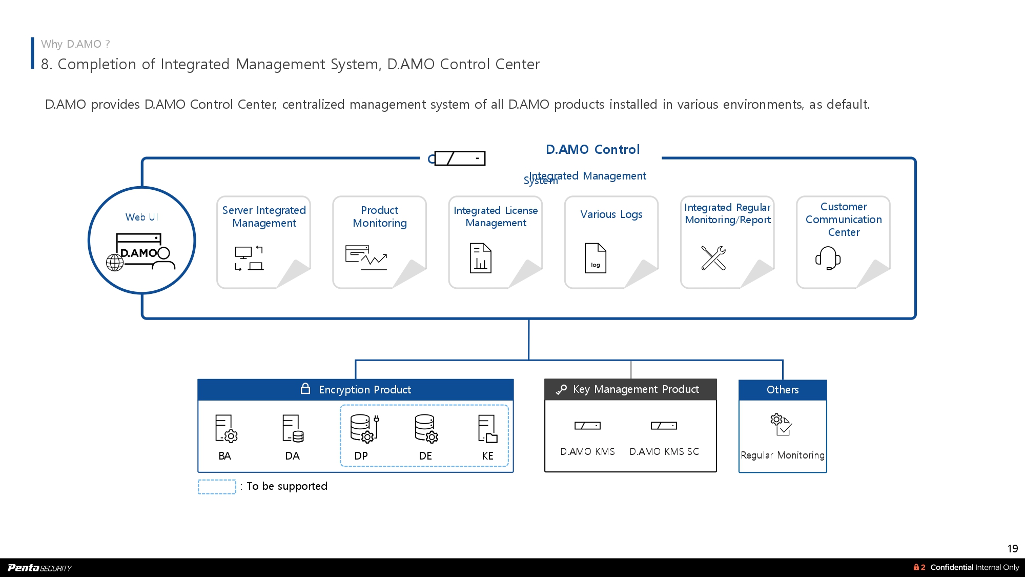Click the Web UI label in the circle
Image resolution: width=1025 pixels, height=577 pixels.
tap(141, 217)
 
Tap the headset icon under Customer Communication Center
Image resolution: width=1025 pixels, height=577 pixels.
tap(828, 257)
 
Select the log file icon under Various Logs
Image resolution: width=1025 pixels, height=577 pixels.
tap(595, 257)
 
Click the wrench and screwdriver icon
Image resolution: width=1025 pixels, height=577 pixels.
tap(713, 257)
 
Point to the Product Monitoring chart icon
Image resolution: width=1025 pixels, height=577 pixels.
tap(366, 257)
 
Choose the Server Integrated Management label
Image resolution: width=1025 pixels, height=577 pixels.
tap(264, 216)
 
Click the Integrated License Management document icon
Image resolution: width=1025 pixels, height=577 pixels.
tap(480, 257)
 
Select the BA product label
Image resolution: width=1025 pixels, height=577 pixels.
tap(224, 455)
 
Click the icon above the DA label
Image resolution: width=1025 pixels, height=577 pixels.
tap(293, 428)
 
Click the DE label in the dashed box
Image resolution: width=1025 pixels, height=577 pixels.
tap(425, 455)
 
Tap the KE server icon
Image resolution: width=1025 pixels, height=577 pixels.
tap(487, 428)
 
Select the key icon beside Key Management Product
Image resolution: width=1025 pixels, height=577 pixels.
tap(561, 389)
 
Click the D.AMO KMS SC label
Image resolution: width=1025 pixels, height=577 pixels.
tap(664, 451)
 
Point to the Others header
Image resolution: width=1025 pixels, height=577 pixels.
tap(783, 390)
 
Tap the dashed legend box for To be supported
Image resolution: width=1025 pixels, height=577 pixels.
tap(217, 486)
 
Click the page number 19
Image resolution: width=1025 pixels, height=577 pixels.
tap(1012, 548)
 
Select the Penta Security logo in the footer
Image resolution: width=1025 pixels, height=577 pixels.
tap(40, 567)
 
